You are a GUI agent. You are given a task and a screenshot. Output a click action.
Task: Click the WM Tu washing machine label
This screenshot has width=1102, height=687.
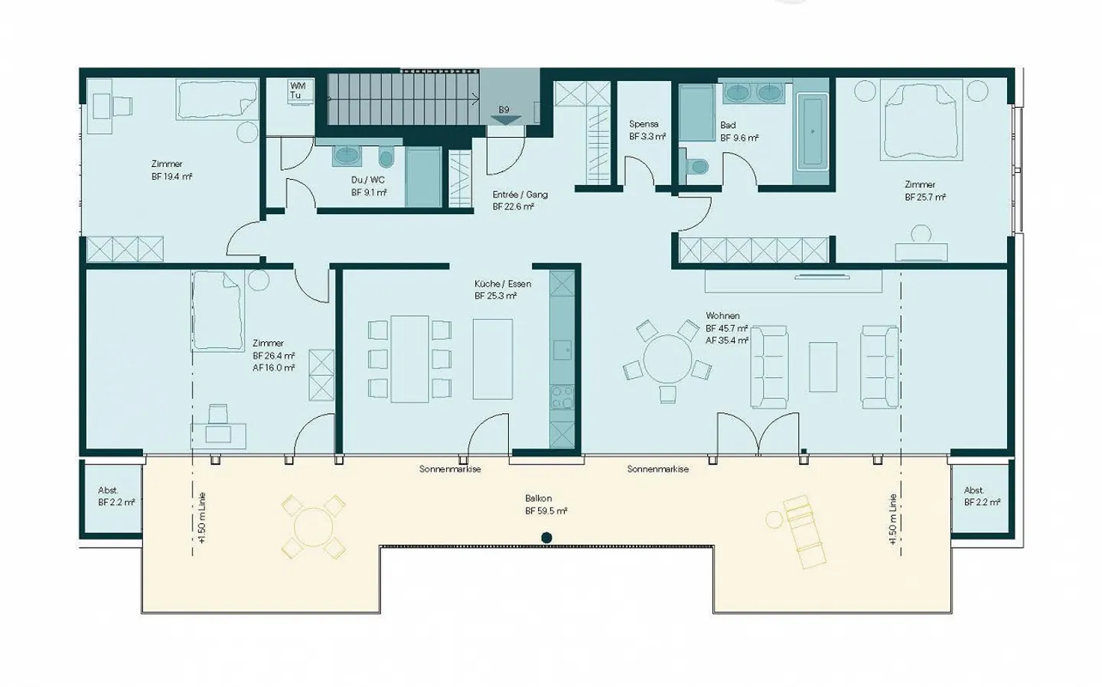[x=297, y=90]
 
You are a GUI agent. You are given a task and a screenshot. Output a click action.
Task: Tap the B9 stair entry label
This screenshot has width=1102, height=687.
[x=504, y=110]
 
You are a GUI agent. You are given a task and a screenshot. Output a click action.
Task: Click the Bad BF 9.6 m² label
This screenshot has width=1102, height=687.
[x=738, y=132]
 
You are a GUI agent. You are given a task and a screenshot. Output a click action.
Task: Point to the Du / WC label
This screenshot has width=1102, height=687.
[x=368, y=186]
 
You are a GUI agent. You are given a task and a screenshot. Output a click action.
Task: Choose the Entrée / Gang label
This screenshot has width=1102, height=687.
[x=520, y=200]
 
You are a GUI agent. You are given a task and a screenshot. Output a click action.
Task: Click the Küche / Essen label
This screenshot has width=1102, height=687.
[x=502, y=289]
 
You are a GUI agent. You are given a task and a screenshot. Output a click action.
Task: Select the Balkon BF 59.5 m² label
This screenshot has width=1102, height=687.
[x=545, y=505]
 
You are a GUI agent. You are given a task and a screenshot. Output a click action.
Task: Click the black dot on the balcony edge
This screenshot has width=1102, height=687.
[x=546, y=538]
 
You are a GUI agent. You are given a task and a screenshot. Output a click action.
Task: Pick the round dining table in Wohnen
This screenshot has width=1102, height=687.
[x=667, y=359]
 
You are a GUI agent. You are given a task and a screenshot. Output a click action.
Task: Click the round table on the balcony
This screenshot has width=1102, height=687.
[x=312, y=527]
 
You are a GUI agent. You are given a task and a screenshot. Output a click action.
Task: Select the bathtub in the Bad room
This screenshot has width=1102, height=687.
[x=812, y=131]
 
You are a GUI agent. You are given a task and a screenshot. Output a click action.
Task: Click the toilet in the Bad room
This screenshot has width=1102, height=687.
[x=697, y=166]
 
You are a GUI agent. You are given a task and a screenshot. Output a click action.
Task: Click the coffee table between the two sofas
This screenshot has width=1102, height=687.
[x=823, y=367]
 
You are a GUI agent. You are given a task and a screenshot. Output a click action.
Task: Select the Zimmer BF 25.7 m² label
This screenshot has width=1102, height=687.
[x=924, y=190]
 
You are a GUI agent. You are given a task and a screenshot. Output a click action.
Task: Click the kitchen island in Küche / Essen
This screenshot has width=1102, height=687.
[x=492, y=359]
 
